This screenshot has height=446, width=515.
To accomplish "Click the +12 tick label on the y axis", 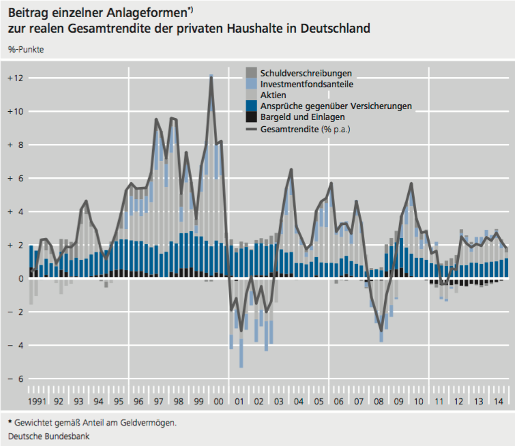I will coord(15,78).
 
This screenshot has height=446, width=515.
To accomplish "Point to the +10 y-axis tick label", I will coord(15,112).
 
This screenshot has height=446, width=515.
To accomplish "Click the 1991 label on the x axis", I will coord(38,402).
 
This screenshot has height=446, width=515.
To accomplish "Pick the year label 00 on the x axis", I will coord(219,402).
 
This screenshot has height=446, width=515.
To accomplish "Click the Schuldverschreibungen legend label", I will coord(306,73).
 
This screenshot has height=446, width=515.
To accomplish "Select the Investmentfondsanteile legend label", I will coord(307,84).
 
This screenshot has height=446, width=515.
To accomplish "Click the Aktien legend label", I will coord(273,95).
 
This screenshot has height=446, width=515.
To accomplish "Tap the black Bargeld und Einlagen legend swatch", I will coord(251,117).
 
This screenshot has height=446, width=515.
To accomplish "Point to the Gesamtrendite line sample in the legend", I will coord(251,128).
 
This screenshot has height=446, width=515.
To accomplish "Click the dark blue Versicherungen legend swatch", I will coord(251,106).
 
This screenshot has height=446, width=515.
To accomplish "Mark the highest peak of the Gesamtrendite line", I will coord(211,76).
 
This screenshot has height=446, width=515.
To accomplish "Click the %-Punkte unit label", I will coord(25,50).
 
